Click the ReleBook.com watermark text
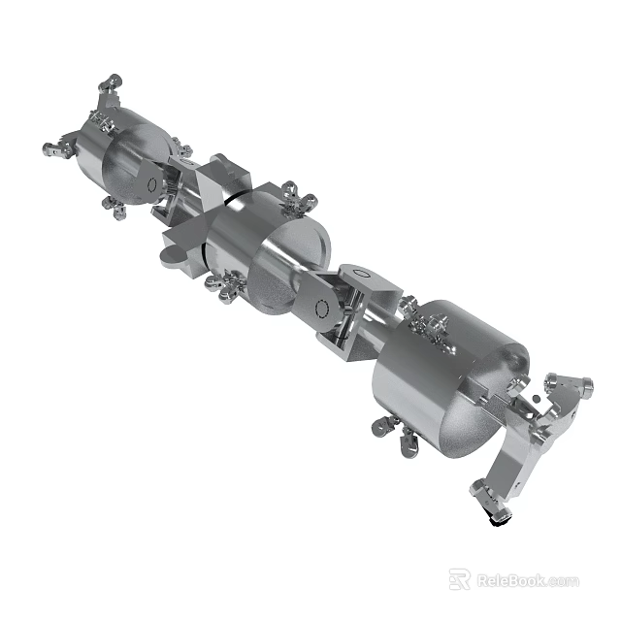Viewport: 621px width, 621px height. click(527, 580)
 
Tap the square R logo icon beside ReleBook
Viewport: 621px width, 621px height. click(460, 579)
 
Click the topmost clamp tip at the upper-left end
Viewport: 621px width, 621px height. click(113, 82)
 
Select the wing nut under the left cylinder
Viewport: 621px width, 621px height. click(117, 210)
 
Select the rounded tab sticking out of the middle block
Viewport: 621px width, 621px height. click(172, 254)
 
